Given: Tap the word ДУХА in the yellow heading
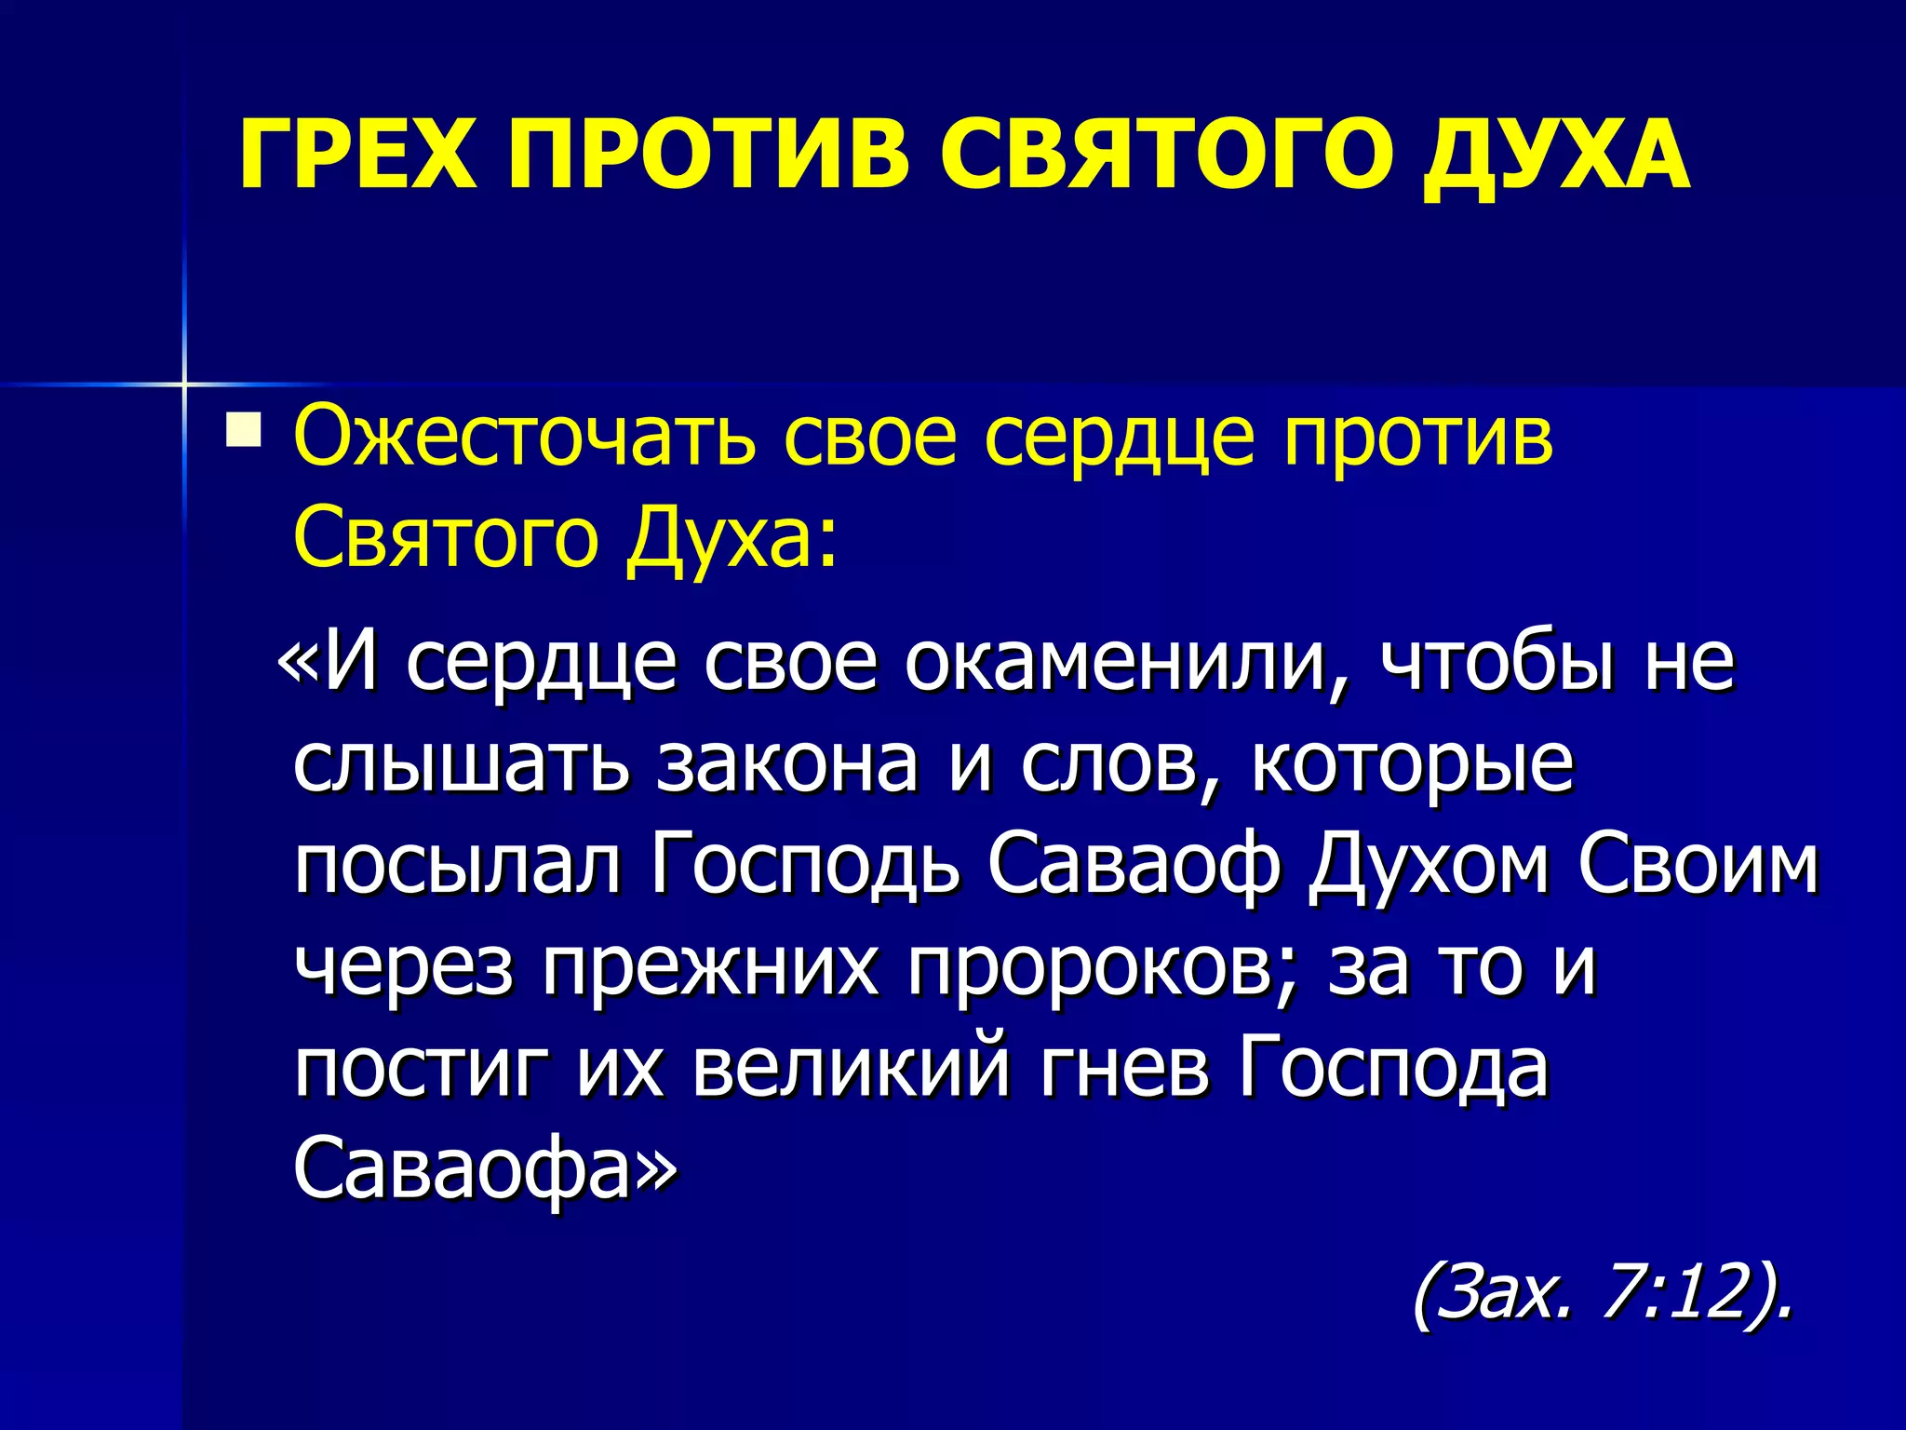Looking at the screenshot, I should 1555,154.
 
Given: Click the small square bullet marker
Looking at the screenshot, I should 243,431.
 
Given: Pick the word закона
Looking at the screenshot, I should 787,765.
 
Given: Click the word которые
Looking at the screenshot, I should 1412,765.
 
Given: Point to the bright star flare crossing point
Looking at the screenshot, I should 184,384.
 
